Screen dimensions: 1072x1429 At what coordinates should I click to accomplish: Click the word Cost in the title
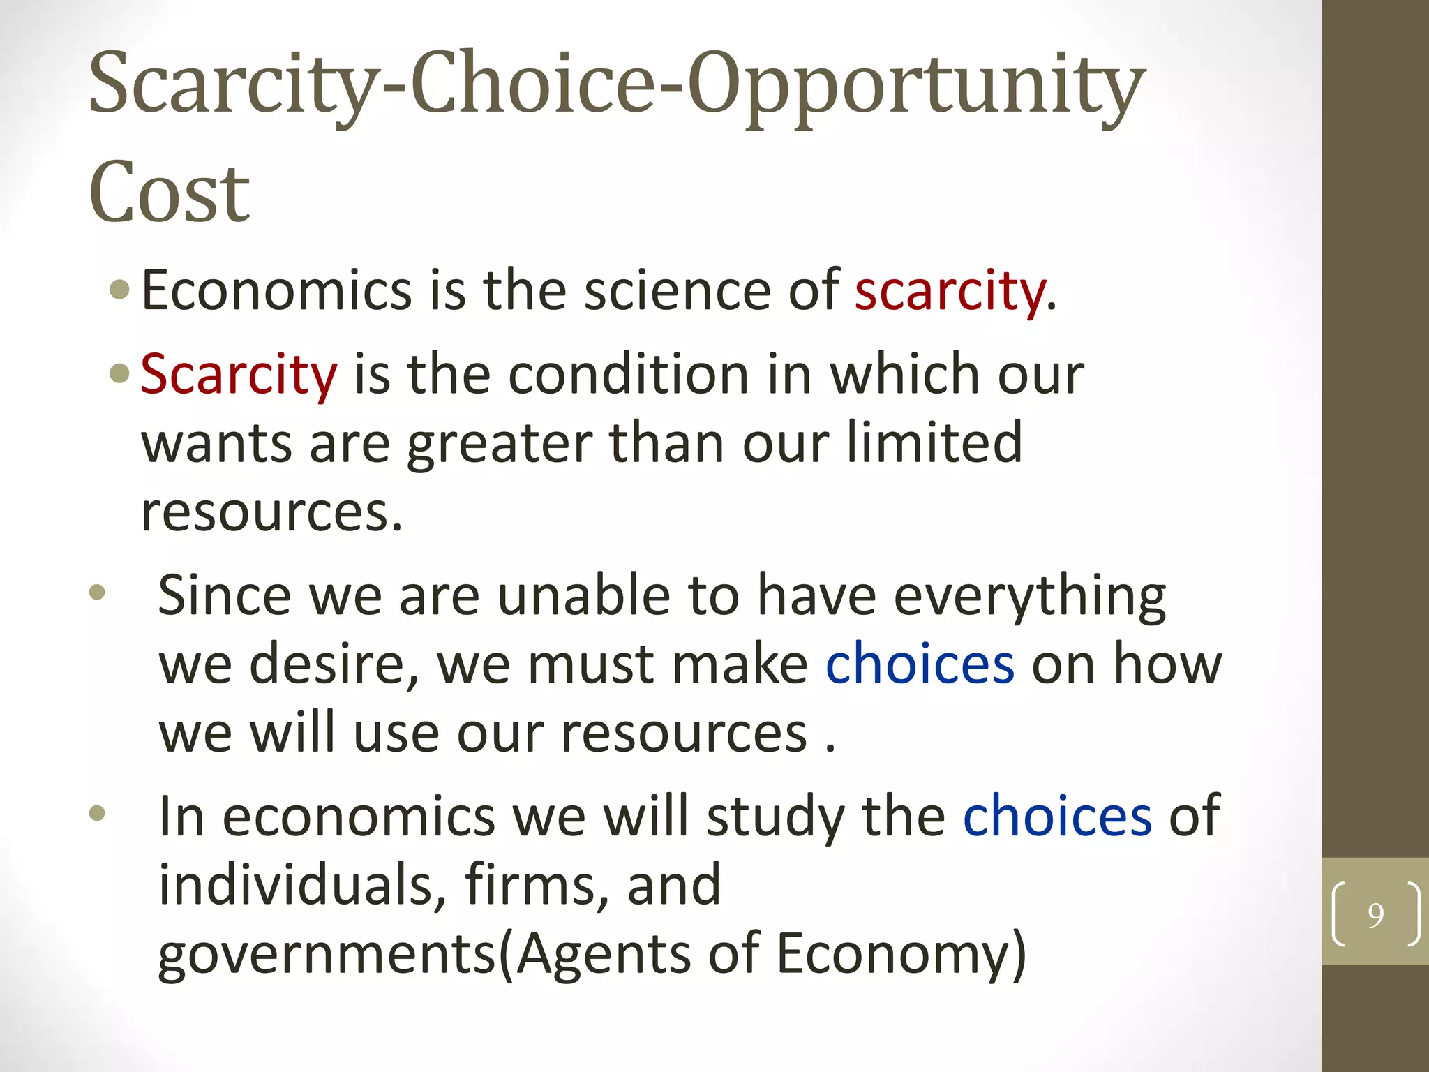169,192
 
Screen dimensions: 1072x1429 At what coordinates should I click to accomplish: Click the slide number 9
1375,914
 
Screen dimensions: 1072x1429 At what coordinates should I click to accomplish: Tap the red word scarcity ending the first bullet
950,291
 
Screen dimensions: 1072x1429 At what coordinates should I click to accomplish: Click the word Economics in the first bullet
277,291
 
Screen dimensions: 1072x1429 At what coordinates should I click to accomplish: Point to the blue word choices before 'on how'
920,664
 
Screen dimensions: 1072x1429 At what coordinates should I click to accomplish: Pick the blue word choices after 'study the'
1057,816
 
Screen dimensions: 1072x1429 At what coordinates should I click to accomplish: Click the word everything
1030,597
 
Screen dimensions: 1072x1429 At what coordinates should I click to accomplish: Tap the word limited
934,442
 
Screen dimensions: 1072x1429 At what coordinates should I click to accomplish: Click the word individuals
302,884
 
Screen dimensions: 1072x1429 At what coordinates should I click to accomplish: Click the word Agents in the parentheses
603,955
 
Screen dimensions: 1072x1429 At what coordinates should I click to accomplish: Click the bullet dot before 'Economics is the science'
120,290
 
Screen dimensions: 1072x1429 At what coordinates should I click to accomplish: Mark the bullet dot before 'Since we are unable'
97,593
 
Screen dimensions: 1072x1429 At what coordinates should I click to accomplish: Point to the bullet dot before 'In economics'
97,813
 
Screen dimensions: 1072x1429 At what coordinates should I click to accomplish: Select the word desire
334,664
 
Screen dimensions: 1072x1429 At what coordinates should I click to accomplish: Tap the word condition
629,375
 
